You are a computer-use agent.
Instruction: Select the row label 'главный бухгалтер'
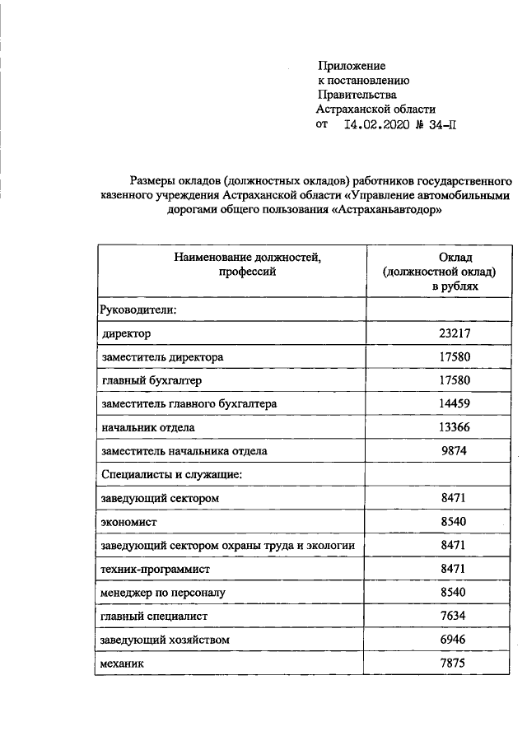click(151, 381)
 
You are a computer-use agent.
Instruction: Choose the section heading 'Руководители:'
click(138, 310)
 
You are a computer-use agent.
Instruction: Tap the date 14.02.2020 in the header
click(374, 125)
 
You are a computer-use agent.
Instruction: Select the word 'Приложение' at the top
click(352, 65)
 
